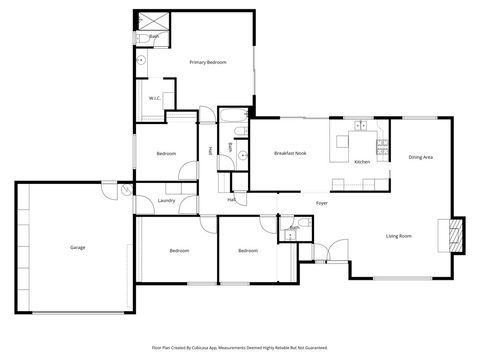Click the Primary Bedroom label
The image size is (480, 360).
tap(208, 63)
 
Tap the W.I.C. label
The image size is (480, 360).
tap(155, 97)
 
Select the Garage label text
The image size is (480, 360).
tap(77, 247)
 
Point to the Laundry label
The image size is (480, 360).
tap(166, 200)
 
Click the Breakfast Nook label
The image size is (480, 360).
tap(289, 153)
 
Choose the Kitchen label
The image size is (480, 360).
tap(362, 162)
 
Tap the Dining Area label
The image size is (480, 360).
tap(420, 157)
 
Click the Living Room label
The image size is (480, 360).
tap(399, 236)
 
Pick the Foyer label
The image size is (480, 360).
tap(322, 203)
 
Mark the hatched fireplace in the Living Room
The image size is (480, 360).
tap(458, 234)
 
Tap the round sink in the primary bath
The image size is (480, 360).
tap(142, 60)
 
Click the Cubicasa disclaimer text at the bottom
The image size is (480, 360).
tap(240, 348)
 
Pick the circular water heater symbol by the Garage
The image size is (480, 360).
tap(125, 191)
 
